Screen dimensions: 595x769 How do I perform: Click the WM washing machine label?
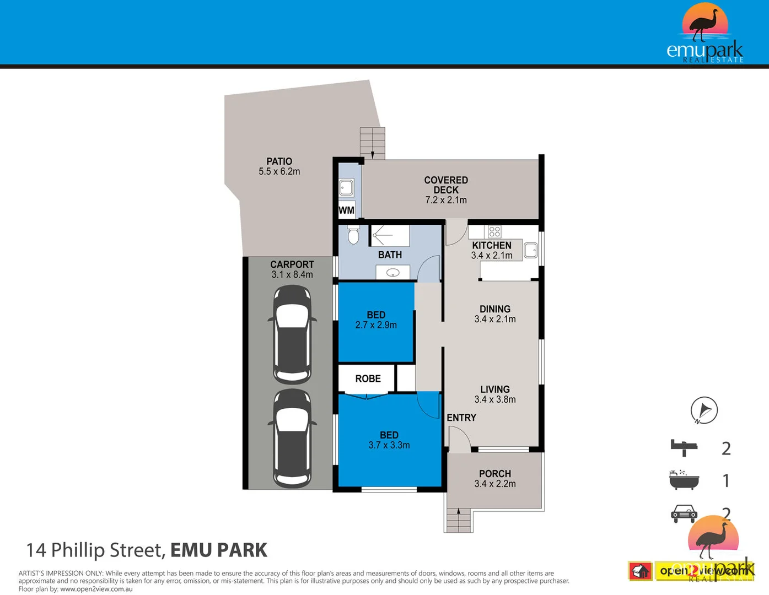point(346,210)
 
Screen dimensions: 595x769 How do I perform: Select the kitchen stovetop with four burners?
point(494,231)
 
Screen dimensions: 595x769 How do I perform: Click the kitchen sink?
point(530,250)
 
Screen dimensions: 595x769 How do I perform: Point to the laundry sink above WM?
point(346,188)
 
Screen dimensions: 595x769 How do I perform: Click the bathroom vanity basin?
point(393,272)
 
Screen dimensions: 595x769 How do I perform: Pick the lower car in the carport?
point(292,438)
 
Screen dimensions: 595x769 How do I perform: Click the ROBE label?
point(368,378)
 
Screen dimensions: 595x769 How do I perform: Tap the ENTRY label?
point(461,418)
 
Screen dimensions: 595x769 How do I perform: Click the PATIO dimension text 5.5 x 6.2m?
point(279,171)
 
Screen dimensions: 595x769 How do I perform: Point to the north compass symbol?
point(704,410)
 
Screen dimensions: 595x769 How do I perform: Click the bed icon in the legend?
point(684,448)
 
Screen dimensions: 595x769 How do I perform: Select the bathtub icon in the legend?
point(684,480)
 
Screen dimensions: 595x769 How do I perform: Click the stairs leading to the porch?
point(459,520)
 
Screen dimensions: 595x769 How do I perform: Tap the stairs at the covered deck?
point(372,143)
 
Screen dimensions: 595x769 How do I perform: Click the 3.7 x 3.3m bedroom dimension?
point(389,445)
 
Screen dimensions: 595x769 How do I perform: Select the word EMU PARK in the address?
point(218,550)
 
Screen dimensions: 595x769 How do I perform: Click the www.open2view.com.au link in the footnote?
point(96,589)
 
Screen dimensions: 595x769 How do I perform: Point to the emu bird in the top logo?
point(705,24)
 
